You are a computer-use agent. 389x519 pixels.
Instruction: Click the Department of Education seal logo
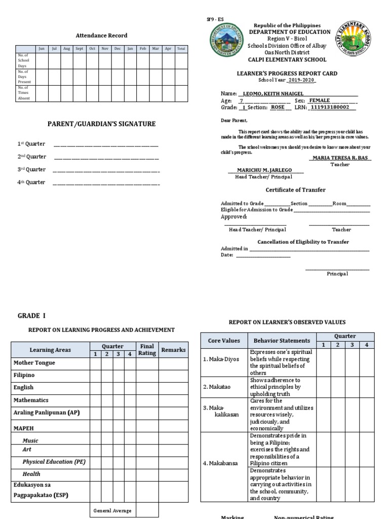pos(226,41)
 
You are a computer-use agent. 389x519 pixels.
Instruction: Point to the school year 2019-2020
pos(301,80)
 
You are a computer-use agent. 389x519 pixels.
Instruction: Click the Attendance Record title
pos(101,35)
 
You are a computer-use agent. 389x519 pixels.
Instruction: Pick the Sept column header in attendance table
pos(80,49)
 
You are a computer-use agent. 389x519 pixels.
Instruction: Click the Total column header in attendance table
pos(181,49)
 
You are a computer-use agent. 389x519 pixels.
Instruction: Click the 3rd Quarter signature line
pos(106,170)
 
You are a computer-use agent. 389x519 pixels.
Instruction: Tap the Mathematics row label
pos(31,400)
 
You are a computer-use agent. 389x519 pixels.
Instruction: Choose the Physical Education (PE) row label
pos(54,462)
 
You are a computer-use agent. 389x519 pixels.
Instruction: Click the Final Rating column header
pos(147,350)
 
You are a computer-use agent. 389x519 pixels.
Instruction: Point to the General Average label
pos(112,510)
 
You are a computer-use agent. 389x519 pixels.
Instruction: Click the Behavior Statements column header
pos(282,341)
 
